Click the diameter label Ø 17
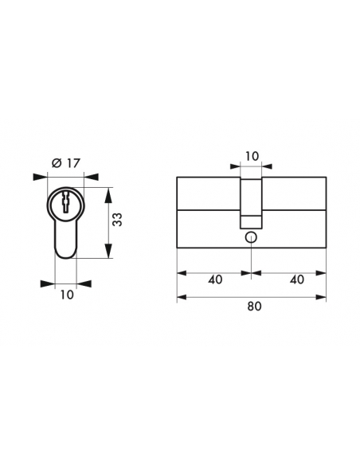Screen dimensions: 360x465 (66, 163)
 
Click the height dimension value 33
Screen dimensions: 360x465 (118, 220)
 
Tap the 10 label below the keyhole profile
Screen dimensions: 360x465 (67, 295)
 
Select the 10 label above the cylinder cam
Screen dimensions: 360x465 (252, 156)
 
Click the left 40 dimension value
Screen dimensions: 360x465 (215, 279)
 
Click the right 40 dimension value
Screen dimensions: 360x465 (297, 279)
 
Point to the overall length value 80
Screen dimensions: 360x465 (254, 306)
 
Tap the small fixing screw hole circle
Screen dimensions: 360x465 (251, 237)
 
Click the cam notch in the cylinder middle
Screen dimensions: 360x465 (251, 203)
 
